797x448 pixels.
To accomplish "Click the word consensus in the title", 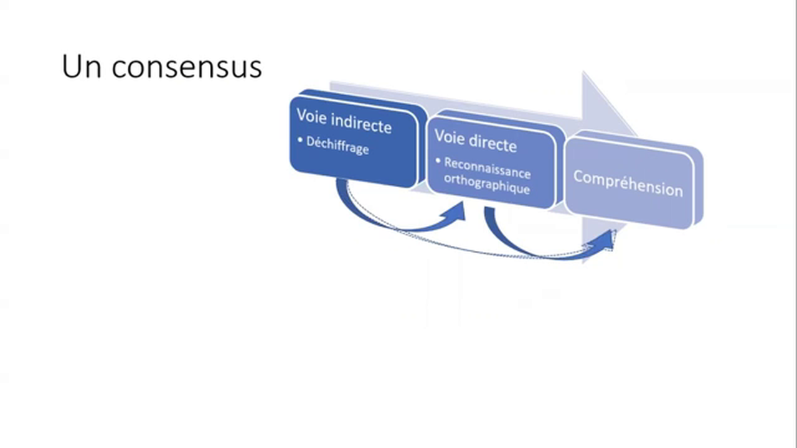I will [x=187, y=68].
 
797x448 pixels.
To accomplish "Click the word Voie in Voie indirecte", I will [x=313, y=116].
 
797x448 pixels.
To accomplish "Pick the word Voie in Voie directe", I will [x=450, y=137].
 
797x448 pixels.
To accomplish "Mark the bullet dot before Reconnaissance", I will [x=438, y=161].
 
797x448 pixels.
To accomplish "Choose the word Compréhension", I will [x=628, y=184].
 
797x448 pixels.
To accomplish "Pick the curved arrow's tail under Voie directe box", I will [x=490, y=215].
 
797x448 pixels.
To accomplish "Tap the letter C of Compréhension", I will [x=578, y=177].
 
